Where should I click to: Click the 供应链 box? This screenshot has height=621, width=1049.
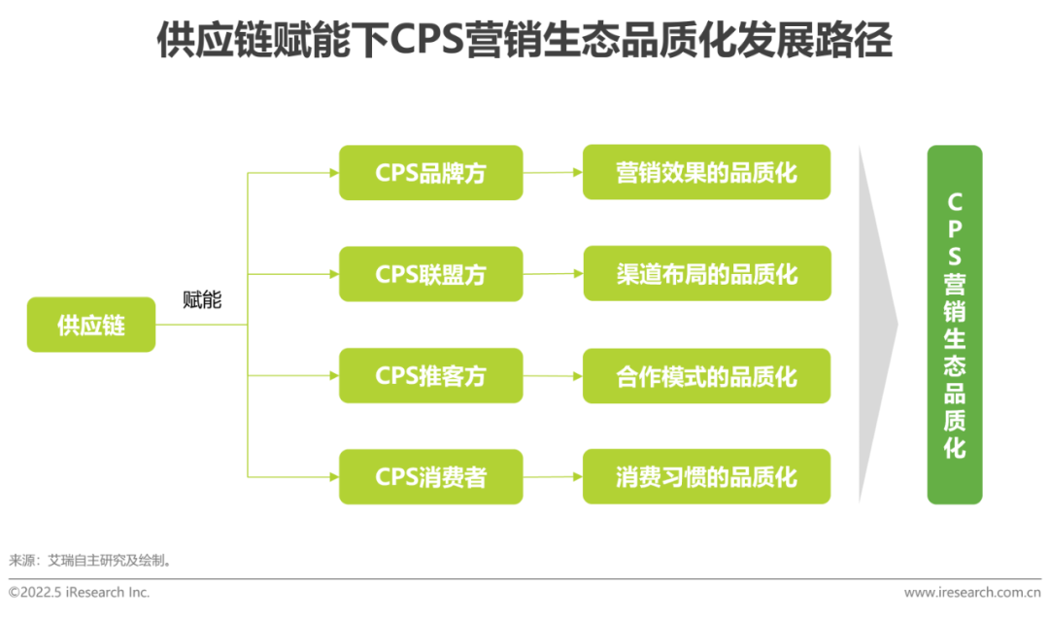(x=91, y=325)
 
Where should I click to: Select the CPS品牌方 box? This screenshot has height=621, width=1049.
(x=430, y=173)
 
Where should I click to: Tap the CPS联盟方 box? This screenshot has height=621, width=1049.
(x=430, y=274)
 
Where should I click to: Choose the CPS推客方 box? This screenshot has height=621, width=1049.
(x=430, y=375)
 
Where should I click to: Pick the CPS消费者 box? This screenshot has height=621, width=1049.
(x=430, y=476)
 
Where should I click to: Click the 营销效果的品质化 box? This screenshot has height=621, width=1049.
(x=706, y=172)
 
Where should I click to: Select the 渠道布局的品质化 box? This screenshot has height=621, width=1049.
(x=706, y=273)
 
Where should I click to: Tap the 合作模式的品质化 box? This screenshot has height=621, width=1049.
(x=706, y=375)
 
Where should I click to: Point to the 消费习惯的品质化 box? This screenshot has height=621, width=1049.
(x=706, y=476)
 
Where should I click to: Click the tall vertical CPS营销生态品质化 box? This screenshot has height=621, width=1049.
(x=955, y=325)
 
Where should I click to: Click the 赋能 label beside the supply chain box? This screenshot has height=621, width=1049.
(x=202, y=300)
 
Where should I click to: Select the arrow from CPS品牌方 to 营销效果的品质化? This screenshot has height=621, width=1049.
(x=553, y=173)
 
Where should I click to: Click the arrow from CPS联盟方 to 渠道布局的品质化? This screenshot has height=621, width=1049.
(x=553, y=274)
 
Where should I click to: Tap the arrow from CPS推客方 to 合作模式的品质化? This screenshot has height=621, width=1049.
(x=553, y=375)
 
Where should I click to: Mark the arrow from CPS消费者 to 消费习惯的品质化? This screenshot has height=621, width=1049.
(x=553, y=476)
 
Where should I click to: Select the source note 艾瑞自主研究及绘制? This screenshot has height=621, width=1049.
(x=113, y=561)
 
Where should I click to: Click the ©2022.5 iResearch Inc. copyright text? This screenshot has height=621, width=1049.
(x=80, y=592)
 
